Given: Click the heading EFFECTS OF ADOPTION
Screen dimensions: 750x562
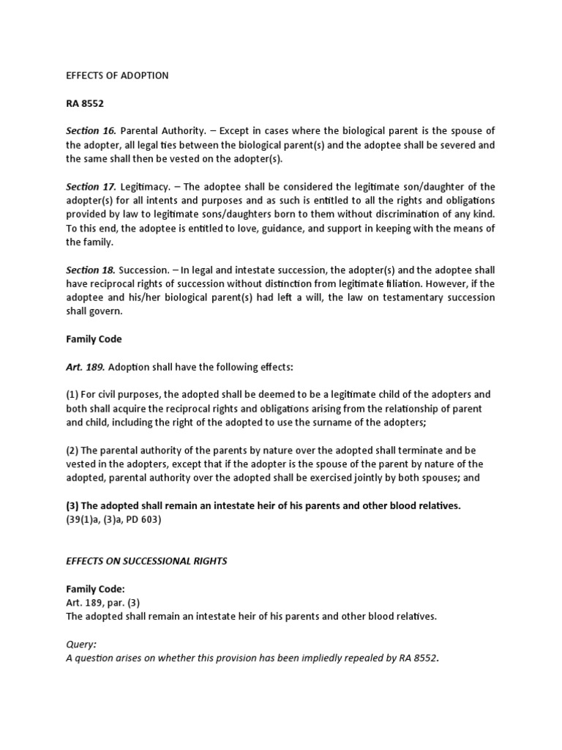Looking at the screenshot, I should [x=117, y=75].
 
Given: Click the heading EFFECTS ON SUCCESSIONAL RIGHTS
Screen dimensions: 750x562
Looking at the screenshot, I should [x=146, y=561].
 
